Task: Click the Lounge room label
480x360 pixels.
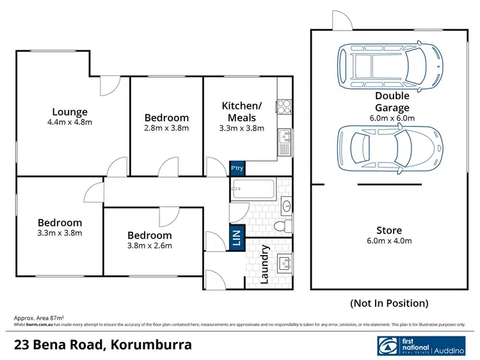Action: tap(70, 112)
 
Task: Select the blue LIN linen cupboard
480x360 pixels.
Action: tap(237, 239)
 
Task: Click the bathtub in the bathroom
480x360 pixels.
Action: tap(253, 189)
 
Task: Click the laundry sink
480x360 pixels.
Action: tap(284, 262)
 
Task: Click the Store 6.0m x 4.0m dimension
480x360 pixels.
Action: tap(388, 241)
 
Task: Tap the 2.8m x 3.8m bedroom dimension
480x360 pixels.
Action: tap(166, 128)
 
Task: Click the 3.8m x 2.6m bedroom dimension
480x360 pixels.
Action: tap(149, 245)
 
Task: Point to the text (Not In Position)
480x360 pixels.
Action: tap(389, 303)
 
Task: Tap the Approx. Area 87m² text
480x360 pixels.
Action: tap(40, 318)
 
